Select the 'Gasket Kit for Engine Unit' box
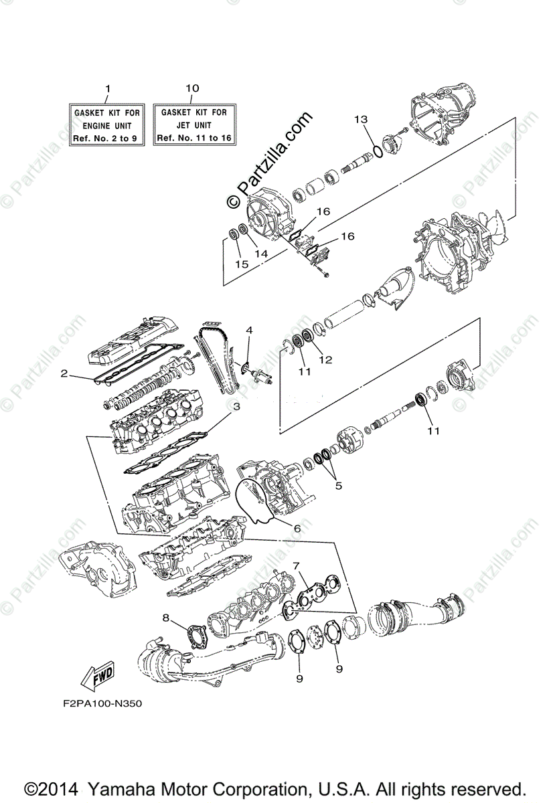(106, 125)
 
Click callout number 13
(362, 119)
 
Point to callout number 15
(242, 264)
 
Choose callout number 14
(260, 255)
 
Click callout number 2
(64, 374)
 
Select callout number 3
(236, 406)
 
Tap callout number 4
(248, 330)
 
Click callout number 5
(339, 485)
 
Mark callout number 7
(295, 565)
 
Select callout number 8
(166, 616)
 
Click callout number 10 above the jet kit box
(192, 88)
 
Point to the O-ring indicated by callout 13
(378, 150)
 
